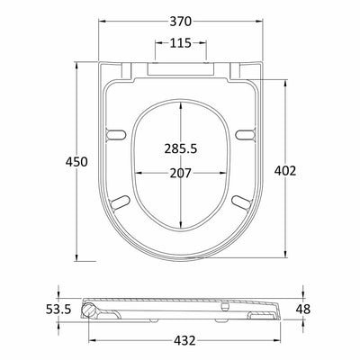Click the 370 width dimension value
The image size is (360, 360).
click(x=181, y=22)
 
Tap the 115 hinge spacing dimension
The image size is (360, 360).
click(x=181, y=43)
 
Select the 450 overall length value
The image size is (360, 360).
click(x=76, y=162)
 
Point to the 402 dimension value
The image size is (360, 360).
click(x=285, y=171)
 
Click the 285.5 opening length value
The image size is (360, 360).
click(x=181, y=148)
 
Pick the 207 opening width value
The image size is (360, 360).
click(x=181, y=173)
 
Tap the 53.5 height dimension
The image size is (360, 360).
click(x=58, y=309)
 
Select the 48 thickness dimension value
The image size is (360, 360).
click(x=303, y=309)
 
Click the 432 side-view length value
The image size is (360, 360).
click(x=184, y=340)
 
